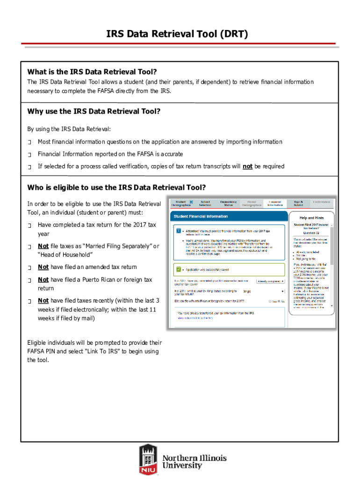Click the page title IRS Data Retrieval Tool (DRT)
click(x=180, y=34)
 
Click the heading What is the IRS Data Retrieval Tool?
click(x=92, y=72)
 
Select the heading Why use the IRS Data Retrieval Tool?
click(x=94, y=111)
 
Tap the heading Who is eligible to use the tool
click(x=116, y=188)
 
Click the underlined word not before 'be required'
click(x=247, y=166)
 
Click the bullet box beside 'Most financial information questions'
click(x=29, y=142)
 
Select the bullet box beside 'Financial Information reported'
click(x=29, y=154)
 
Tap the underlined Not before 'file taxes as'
click(x=43, y=246)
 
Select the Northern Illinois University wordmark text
click(x=194, y=461)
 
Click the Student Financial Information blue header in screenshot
click(x=201, y=217)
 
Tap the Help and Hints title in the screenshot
click(x=309, y=218)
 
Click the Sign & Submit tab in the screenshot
click(x=298, y=203)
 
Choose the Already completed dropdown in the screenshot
click(x=269, y=281)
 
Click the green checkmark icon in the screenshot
click(x=179, y=269)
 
